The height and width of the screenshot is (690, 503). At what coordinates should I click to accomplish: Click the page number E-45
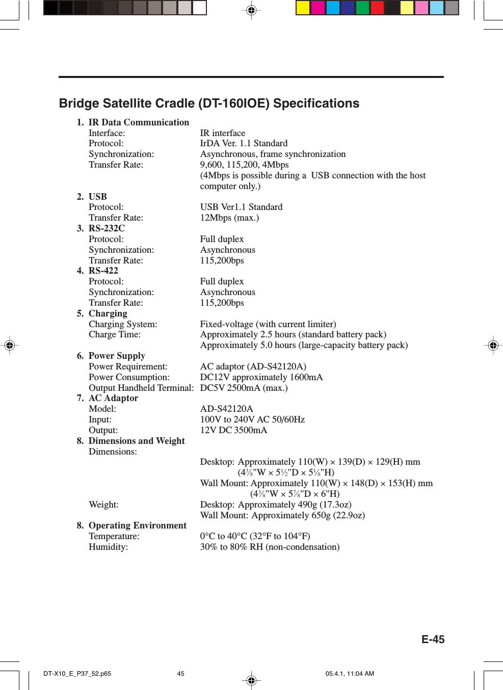pyautogui.click(x=432, y=640)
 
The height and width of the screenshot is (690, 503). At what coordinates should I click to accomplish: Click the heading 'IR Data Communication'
pyautogui.click(x=138, y=122)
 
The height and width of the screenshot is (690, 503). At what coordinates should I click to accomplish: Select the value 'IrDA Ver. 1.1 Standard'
pyautogui.click(x=244, y=143)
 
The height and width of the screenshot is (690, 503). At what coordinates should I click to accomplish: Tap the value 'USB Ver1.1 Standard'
pyautogui.click(x=241, y=207)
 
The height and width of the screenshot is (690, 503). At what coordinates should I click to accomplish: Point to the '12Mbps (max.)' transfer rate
pyautogui.click(x=229, y=218)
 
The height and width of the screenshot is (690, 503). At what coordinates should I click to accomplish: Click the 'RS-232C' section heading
pyautogui.click(x=107, y=228)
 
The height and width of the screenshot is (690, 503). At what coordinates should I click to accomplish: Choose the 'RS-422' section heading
pyautogui.click(x=103, y=271)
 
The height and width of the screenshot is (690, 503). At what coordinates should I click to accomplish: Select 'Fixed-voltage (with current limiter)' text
pyautogui.click(x=268, y=324)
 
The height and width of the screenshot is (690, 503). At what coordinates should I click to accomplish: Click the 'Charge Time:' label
pyautogui.click(x=115, y=334)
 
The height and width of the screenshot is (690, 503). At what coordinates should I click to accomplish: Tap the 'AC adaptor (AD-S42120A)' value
pyautogui.click(x=253, y=366)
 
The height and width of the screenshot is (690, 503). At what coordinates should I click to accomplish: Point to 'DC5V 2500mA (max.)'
pyautogui.click(x=244, y=388)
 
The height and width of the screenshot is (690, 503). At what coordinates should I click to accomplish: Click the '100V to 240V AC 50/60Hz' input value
pyautogui.click(x=252, y=419)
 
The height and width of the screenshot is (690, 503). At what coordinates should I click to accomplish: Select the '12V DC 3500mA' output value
pyautogui.click(x=233, y=430)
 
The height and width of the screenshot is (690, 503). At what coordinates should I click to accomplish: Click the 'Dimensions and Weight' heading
pyautogui.click(x=136, y=441)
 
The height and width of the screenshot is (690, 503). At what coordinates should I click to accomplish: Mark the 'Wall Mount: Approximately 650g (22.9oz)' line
pyautogui.click(x=282, y=515)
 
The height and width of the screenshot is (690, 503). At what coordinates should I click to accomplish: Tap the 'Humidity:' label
pyautogui.click(x=108, y=547)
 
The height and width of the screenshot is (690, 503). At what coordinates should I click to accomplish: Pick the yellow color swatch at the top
pyautogui.click(x=303, y=8)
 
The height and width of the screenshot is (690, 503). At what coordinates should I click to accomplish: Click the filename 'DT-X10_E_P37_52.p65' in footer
pyautogui.click(x=77, y=674)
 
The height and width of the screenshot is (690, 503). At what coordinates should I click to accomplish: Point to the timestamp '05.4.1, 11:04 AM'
pyautogui.click(x=350, y=674)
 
